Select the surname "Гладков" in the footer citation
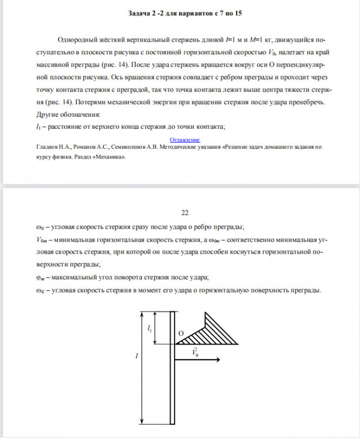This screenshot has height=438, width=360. pos(47,147)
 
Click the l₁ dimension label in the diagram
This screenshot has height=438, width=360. pos(150,328)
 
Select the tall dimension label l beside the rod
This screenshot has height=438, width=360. pos(137,356)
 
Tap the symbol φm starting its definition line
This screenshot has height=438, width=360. pos(38,278)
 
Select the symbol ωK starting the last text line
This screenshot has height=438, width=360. pos(39,291)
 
